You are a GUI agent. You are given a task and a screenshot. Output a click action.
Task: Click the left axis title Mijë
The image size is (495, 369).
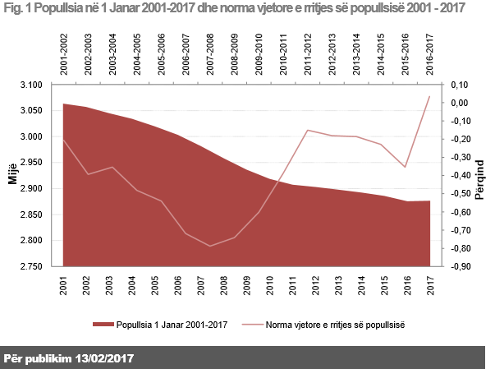click(12, 176)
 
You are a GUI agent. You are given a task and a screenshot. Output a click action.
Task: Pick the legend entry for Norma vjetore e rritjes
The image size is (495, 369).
click(332, 324)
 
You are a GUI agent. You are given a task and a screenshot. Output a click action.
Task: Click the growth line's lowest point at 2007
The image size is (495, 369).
click(210, 246)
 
